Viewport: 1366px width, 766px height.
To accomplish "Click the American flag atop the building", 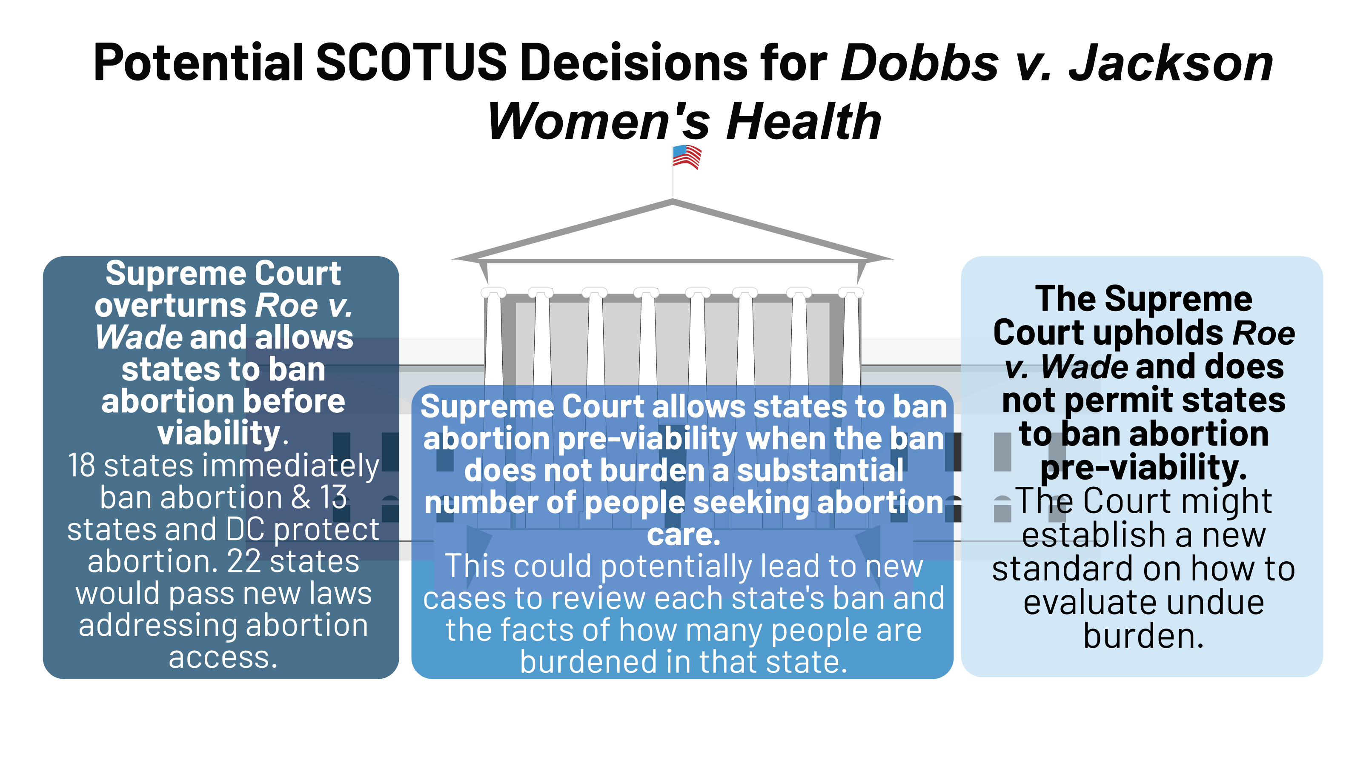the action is (687, 157).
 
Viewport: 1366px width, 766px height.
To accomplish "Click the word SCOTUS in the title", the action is (412, 62).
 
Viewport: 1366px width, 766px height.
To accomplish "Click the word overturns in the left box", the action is (171, 306).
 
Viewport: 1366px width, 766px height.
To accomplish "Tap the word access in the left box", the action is (223, 657).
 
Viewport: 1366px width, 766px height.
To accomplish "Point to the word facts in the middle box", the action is (541, 630).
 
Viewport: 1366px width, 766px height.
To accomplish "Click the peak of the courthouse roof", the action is (673, 200).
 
